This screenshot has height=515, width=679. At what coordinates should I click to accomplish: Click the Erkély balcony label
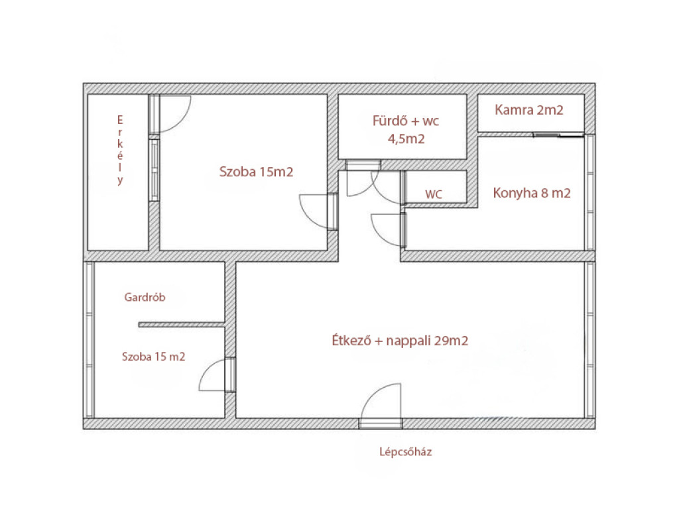pyautogui.click(x=120, y=150)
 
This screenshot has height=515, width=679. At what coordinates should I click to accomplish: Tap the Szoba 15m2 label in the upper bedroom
pyautogui.click(x=256, y=172)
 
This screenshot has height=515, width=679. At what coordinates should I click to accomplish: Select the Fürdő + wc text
pyautogui.click(x=406, y=121)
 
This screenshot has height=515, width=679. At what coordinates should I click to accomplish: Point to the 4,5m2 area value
pyautogui.click(x=406, y=139)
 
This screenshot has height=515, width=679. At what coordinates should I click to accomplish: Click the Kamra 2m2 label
pyautogui.click(x=528, y=110)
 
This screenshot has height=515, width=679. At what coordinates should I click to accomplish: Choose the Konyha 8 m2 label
pyautogui.click(x=532, y=193)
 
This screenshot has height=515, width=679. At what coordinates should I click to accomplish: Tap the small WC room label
pyautogui.click(x=434, y=194)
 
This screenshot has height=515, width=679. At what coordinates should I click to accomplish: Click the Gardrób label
pyautogui.click(x=145, y=298)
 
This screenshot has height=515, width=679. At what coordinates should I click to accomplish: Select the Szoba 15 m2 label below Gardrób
pyautogui.click(x=153, y=357)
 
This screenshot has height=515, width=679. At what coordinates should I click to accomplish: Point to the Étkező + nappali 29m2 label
pyautogui.click(x=400, y=341)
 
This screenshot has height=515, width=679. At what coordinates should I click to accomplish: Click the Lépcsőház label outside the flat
pyautogui.click(x=405, y=452)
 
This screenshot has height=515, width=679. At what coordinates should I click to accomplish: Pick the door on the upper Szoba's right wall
pyautogui.click(x=318, y=211)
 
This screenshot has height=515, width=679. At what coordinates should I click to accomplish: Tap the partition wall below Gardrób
pyautogui.click(x=182, y=325)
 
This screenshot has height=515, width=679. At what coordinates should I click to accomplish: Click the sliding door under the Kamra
pyautogui.click(x=558, y=135)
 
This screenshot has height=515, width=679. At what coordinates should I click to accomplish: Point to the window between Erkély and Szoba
pyautogui.click(x=154, y=170)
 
